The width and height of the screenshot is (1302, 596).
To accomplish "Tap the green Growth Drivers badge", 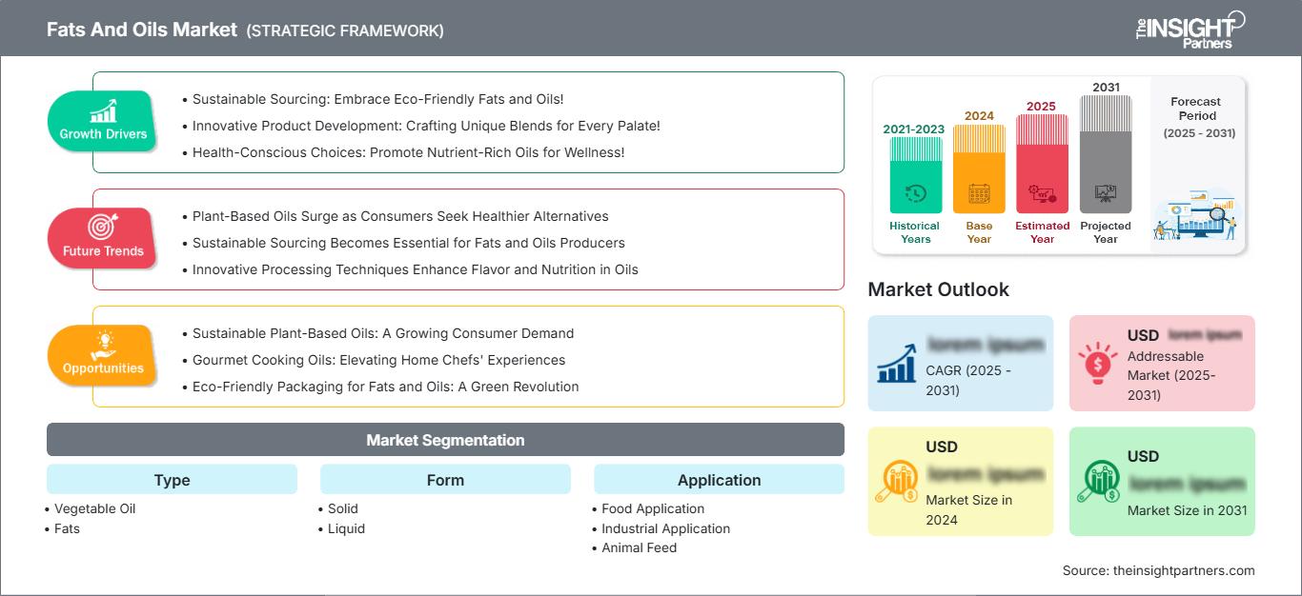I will (102, 122).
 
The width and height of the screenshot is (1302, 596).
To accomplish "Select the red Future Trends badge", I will (102, 239).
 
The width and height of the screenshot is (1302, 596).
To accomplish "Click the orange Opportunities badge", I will (102, 356).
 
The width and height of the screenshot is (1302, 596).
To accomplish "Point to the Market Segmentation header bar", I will (445, 440).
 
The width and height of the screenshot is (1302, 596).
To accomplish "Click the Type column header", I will (172, 480).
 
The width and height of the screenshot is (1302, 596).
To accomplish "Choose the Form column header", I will (445, 480).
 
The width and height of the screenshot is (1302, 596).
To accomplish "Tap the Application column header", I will (719, 480).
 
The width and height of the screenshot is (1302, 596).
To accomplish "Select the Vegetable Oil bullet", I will (94, 508).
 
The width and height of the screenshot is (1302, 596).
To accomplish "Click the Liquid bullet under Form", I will (346, 528).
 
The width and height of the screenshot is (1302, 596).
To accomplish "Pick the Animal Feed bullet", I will (639, 547).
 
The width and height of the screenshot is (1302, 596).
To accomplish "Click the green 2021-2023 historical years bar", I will (915, 176).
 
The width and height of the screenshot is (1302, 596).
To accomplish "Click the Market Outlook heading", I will (938, 289).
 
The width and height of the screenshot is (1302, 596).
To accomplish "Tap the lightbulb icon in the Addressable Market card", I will (1097, 363).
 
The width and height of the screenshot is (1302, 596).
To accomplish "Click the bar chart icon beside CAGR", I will (897, 363).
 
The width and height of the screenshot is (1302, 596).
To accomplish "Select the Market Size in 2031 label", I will (1187, 510).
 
